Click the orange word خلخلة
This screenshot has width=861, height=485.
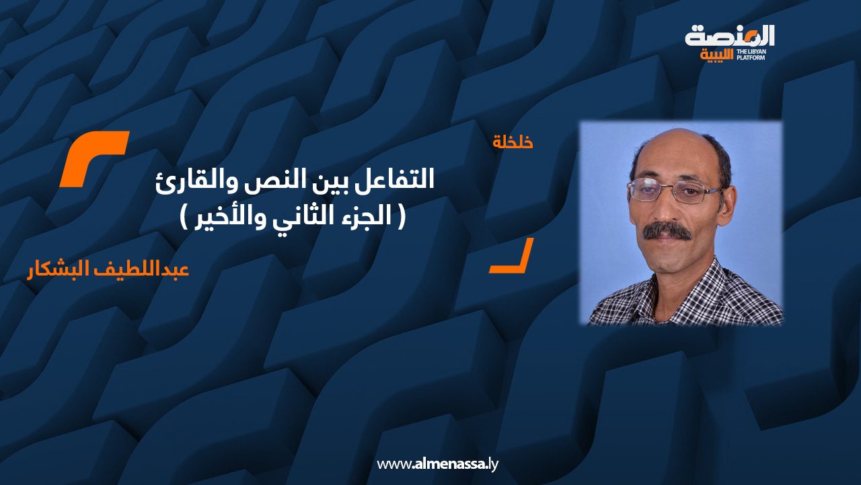coord(513,142)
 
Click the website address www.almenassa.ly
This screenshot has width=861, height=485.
coord(437,464)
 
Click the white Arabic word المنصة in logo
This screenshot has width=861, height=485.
coord(730,36)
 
